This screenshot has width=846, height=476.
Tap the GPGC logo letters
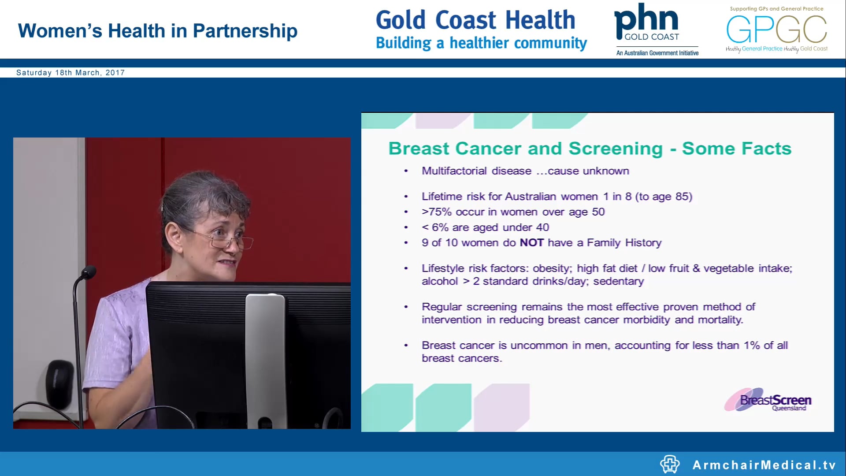(776, 30)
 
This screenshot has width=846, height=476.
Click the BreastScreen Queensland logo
(769, 400)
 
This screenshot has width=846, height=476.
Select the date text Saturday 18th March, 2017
(70, 73)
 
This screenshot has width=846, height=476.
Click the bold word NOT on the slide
(531, 243)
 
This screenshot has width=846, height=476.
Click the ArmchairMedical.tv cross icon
(670, 464)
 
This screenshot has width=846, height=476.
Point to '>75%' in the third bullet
(436, 212)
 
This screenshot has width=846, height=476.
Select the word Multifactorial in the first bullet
(454, 171)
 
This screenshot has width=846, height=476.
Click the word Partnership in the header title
(245, 31)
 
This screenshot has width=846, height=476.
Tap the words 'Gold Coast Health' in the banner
(475, 20)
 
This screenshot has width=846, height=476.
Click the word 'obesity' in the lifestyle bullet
(552, 268)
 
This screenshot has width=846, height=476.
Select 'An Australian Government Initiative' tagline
(657, 53)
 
